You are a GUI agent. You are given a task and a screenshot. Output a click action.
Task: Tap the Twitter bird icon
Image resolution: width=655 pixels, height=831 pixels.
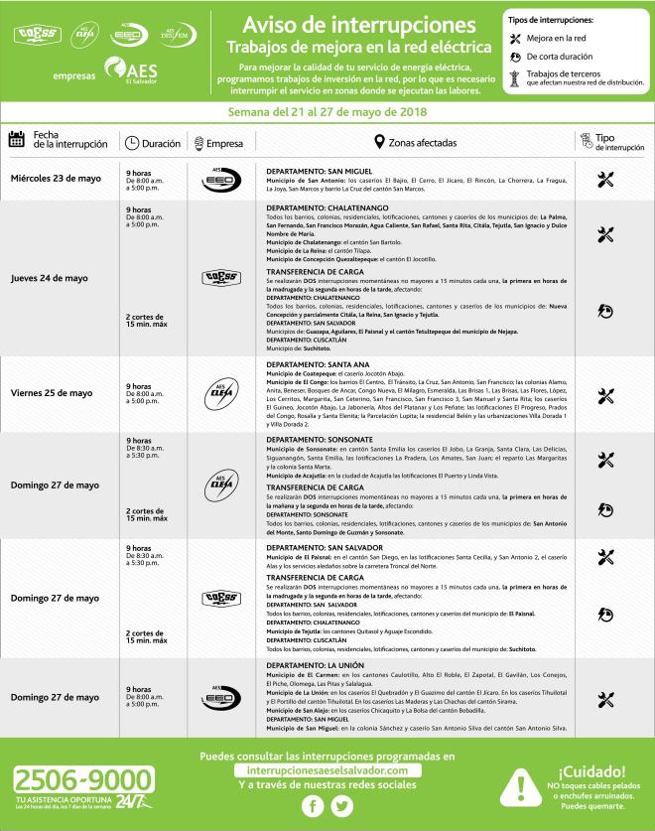pyautogui.click(x=342, y=807)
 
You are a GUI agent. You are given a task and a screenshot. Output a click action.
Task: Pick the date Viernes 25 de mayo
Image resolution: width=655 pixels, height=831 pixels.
pyautogui.click(x=54, y=393)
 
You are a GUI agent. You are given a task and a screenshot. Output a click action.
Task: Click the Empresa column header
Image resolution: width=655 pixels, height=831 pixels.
pyautogui.click(x=224, y=143)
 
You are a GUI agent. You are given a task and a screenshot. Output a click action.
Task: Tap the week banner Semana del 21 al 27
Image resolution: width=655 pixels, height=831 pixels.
pyautogui.click(x=327, y=111)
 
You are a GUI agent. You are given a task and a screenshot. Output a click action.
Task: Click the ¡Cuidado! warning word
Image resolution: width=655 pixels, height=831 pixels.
pyautogui.click(x=591, y=770)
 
